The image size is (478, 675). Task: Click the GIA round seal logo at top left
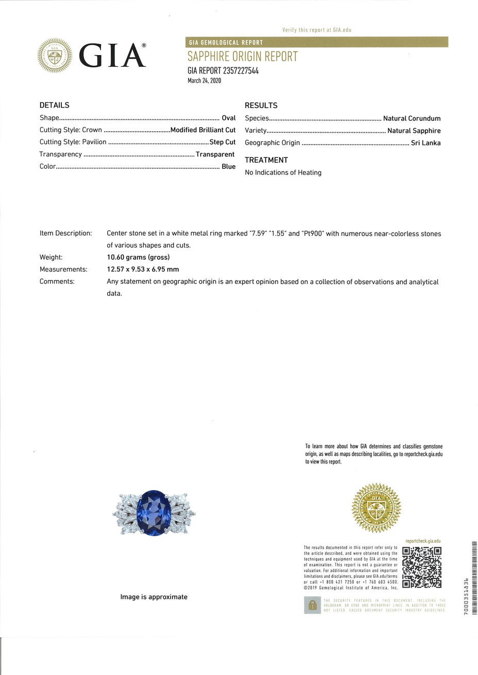(55, 56)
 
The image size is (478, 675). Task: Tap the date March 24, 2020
(204, 80)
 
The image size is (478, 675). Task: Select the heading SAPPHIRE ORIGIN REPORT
(243, 57)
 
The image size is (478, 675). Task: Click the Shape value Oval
(228, 118)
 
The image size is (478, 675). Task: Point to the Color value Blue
(228, 167)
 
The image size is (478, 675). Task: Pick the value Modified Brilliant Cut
(203, 130)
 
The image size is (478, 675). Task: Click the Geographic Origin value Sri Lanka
(425, 143)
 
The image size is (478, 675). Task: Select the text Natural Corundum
(412, 118)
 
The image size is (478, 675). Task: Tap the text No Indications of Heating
(283, 172)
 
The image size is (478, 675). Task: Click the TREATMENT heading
(266, 160)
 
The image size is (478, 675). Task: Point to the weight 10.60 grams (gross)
(138, 257)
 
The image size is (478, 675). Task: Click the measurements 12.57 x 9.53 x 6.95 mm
(143, 269)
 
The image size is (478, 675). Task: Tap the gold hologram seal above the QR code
(375, 508)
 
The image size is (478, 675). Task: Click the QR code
(422, 567)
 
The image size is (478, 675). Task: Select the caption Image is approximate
(153, 597)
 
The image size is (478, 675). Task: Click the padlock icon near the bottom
(312, 606)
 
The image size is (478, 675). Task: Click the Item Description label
(65, 233)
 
